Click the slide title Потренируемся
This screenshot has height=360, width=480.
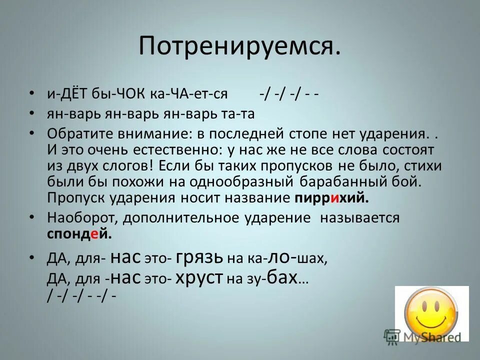point(239,46)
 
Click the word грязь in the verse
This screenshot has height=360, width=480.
point(199,258)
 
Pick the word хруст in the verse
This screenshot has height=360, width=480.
point(198,277)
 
